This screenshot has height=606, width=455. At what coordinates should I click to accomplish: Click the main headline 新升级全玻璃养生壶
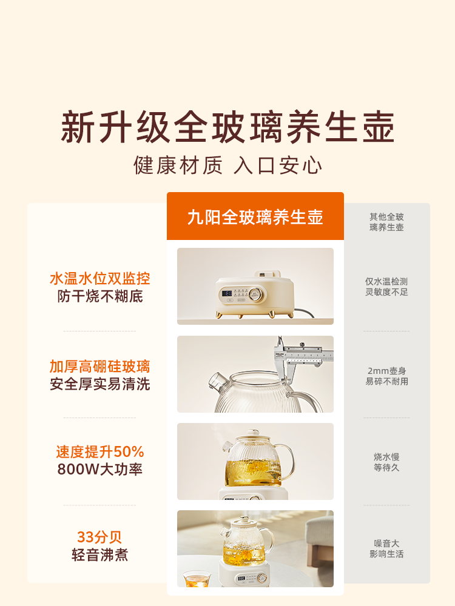[227, 127]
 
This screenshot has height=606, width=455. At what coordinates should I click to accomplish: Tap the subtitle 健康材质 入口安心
[227, 165]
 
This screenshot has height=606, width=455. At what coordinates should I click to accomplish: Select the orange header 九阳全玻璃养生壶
[255, 217]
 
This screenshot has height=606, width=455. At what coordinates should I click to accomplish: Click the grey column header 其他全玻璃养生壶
[386, 222]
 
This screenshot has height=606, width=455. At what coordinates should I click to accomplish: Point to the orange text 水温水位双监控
[99, 279]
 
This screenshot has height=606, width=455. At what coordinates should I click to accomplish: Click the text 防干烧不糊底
[99, 296]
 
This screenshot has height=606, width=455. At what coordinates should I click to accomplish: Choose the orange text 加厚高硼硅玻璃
[99, 367]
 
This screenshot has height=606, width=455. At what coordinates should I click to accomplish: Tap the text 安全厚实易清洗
[99, 384]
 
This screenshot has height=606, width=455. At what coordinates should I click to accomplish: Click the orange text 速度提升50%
[99, 451]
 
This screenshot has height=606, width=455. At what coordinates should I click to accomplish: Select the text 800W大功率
[99, 469]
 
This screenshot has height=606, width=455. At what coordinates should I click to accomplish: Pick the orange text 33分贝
[99, 537]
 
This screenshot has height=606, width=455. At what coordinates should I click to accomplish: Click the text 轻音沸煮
[99, 554]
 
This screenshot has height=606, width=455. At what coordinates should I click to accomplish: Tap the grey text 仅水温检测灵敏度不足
[386, 287]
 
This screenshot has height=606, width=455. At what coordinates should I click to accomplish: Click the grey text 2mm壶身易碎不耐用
[386, 376]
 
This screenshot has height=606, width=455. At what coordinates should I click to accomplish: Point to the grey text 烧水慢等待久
[386, 462]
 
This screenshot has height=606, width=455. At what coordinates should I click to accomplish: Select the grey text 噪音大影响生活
[386, 548]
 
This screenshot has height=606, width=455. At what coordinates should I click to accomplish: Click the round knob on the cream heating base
[256, 295]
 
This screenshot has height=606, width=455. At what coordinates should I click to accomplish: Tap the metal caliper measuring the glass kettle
[297, 355]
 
